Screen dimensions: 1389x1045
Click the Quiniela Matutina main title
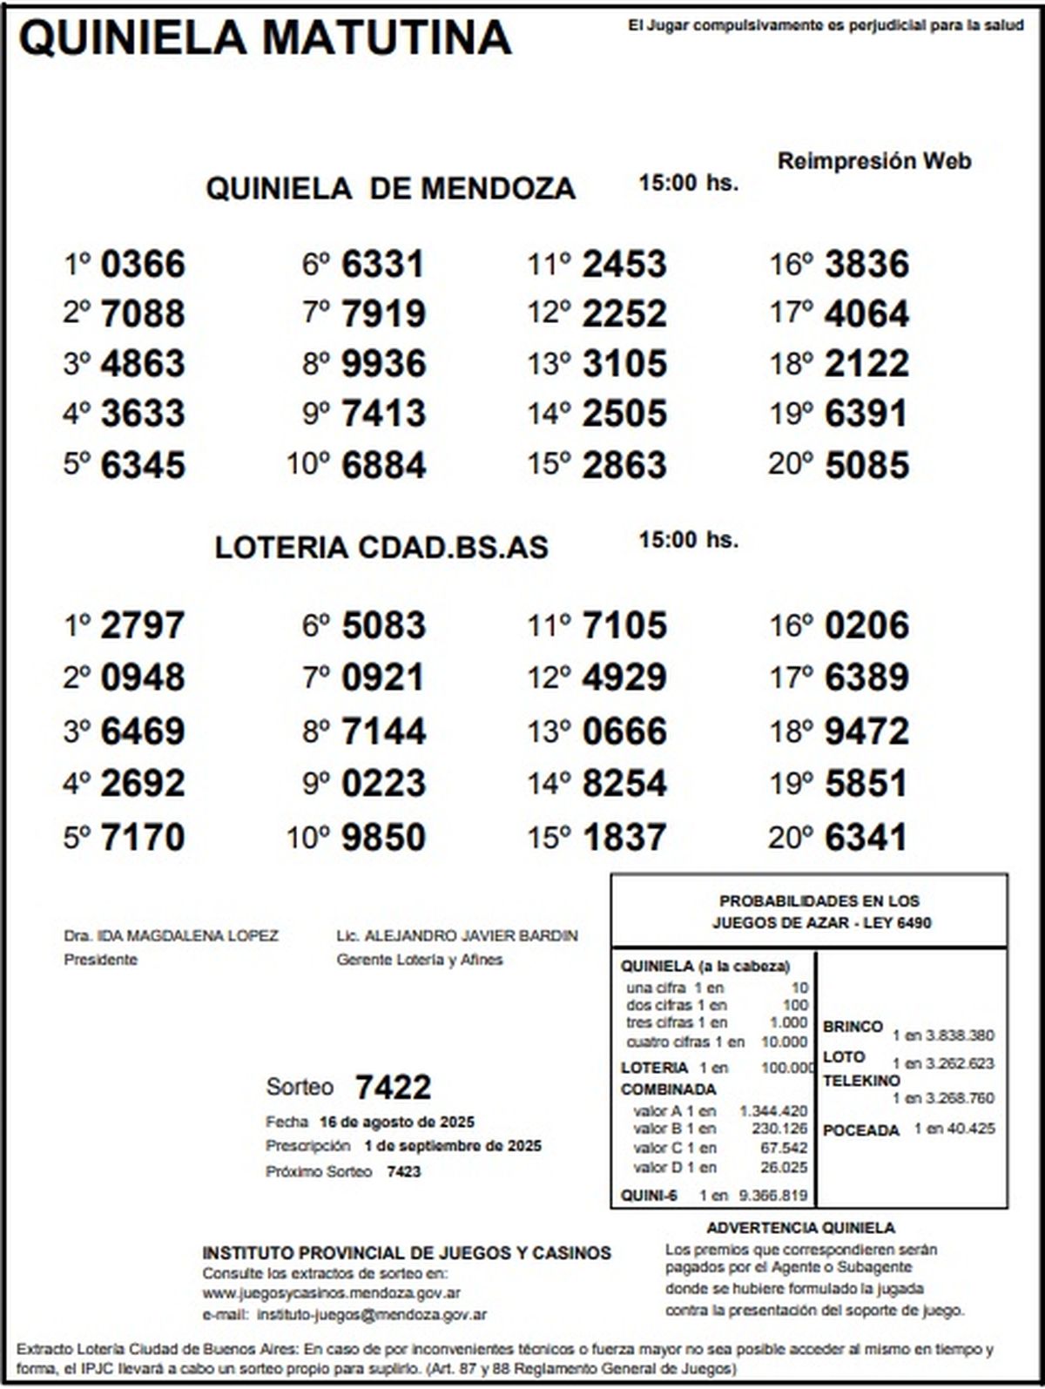coord(265,38)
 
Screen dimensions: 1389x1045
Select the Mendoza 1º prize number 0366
coord(143,265)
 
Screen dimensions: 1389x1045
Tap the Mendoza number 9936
coord(383,364)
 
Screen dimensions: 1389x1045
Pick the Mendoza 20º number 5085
coord(866,465)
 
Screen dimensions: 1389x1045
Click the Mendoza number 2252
coord(624,314)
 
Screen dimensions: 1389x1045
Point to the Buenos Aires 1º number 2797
coord(143,626)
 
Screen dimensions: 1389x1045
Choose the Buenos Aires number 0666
coord(624,732)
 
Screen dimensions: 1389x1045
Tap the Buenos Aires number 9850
coord(383,838)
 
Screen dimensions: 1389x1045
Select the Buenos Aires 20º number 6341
coord(866,838)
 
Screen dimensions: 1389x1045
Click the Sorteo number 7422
coord(393,1088)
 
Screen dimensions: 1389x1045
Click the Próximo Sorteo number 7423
coord(403,1172)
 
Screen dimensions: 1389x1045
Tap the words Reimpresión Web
coord(873,161)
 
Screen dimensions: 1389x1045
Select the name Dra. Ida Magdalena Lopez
coord(171,936)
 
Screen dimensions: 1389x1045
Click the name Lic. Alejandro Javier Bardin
coord(456,936)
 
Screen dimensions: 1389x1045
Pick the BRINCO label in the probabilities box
coord(853,1027)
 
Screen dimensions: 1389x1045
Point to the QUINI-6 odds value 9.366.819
coord(772,1196)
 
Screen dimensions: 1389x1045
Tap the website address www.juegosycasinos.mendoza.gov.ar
coord(332,1293)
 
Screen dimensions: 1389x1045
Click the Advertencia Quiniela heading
coord(800,1228)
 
